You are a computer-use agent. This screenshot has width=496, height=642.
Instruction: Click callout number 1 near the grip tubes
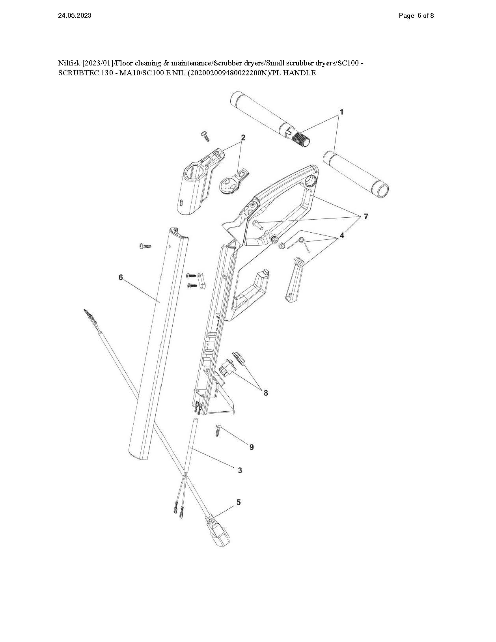pyautogui.click(x=341, y=112)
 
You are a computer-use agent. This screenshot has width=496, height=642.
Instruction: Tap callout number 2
pyautogui.click(x=243, y=137)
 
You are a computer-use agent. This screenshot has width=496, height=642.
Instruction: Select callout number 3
pyautogui.click(x=240, y=470)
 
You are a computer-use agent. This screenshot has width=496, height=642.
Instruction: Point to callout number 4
pyautogui.click(x=342, y=235)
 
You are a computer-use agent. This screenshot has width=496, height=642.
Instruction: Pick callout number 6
pyautogui.click(x=121, y=277)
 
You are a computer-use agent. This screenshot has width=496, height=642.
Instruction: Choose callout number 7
pyautogui.click(x=366, y=216)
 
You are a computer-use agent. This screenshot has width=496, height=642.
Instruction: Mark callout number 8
pyautogui.click(x=266, y=393)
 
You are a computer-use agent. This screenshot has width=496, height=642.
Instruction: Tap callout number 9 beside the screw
pyautogui.click(x=252, y=447)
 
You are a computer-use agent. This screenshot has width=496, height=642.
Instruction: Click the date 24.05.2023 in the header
pyautogui.click(x=75, y=16)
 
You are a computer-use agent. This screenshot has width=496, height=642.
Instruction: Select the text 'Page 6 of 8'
pyautogui.click(x=416, y=16)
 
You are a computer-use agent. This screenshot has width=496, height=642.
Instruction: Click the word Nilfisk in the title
pyautogui.click(x=69, y=63)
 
